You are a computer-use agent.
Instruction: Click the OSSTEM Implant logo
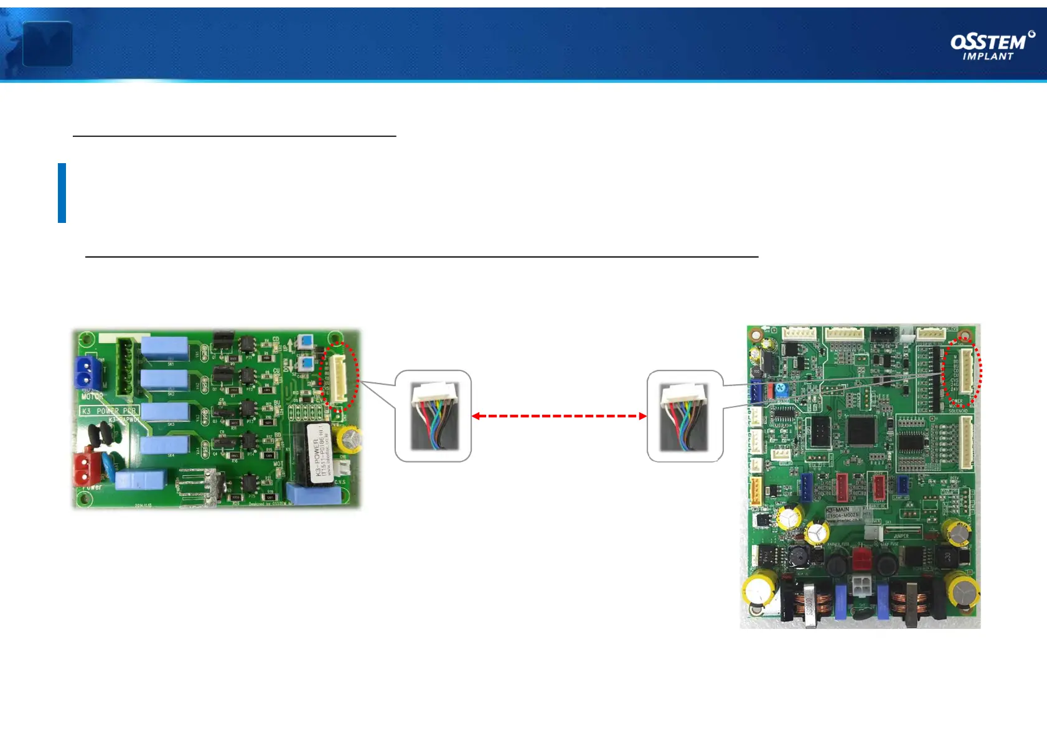tap(992, 46)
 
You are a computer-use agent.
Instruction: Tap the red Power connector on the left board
tap(87, 468)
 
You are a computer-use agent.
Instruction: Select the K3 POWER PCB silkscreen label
tap(109, 411)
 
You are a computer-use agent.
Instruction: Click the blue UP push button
tap(305, 341)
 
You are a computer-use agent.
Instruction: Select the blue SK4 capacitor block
tap(164, 445)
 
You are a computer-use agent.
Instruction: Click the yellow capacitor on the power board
tap(349, 439)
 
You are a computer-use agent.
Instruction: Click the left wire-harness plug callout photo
tap(434, 416)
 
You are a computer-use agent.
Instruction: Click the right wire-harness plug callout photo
tap(684, 416)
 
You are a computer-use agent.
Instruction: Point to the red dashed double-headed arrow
tap(559, 416)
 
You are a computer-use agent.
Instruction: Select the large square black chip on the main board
tap(862, 431)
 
